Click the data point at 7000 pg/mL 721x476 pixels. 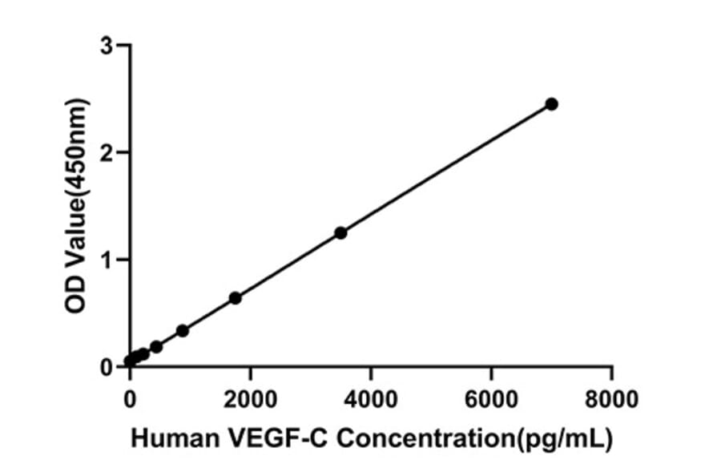[551, 104]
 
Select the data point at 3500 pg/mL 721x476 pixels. [340, 232]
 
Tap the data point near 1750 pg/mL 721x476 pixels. [235, 298]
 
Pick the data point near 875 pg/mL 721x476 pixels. [183, 330]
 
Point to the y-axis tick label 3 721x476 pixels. [107, 46]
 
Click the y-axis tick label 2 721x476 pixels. [107, 152]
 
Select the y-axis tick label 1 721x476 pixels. [107, 260]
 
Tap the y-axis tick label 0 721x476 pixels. [107, 367]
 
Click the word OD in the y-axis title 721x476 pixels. [76, 296]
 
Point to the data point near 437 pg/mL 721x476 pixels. [156, 346]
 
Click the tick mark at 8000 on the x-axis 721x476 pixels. [612, 373]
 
